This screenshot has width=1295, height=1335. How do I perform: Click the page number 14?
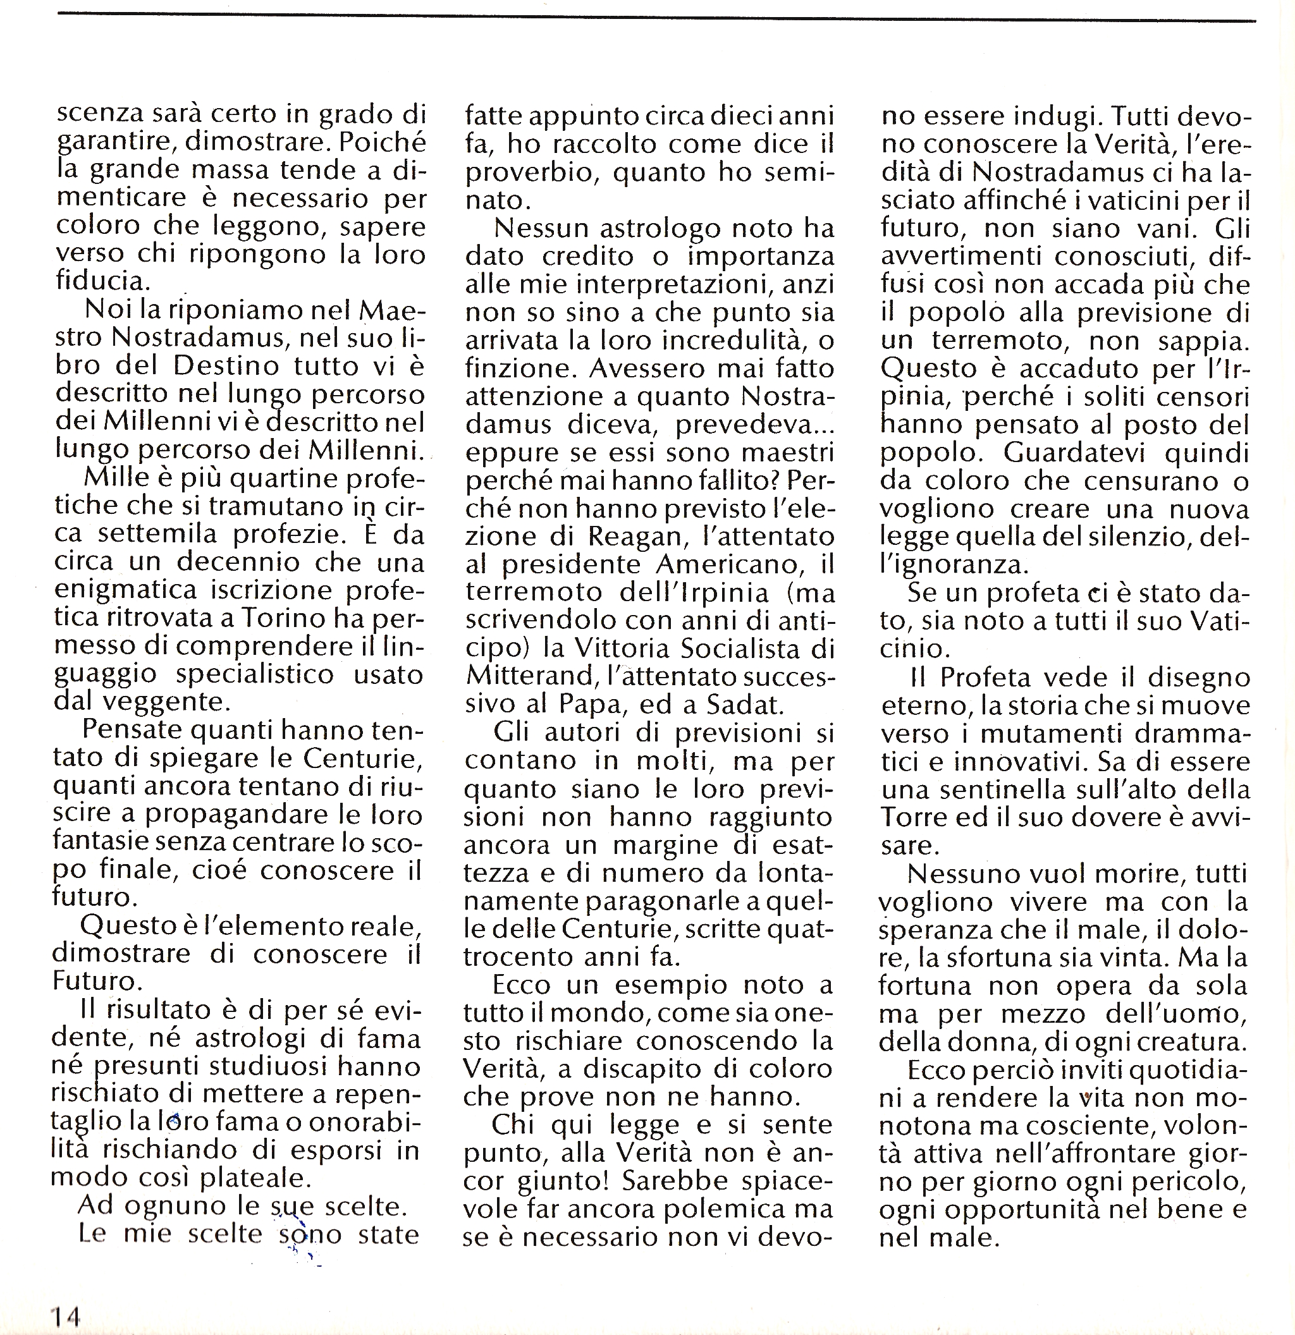click(65, 1316)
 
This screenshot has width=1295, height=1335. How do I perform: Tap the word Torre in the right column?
click(910, 817)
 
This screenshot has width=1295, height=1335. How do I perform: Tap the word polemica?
click(721, 1209)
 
